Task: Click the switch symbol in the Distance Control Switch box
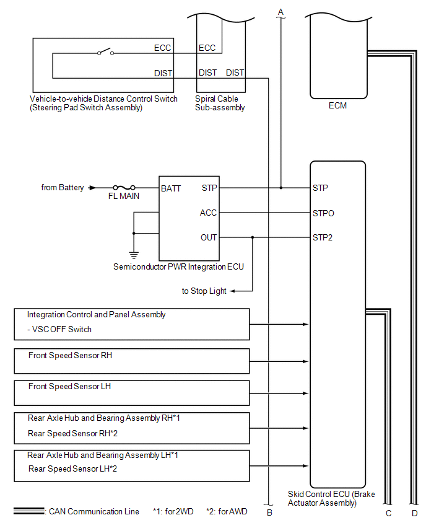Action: (105, 53)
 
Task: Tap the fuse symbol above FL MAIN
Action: (124, 188)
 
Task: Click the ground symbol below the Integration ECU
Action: (134, 253)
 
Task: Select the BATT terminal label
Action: (171, 188)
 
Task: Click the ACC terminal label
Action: (208, 213)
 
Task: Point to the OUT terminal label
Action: (209, 237)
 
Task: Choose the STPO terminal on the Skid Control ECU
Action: (323, 213)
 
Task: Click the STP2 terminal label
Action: (323, 237)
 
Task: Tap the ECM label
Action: (337, 105)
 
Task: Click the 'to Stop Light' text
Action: (204, 291)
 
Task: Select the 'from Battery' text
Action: (63, 188)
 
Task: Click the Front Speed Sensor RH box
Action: (131, 360)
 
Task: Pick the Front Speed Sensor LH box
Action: (131, 392)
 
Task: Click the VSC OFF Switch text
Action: (59, 329)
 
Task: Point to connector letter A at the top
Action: (280, 12)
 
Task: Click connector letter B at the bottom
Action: (269, 513)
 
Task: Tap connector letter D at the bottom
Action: (414, 513)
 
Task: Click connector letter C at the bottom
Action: (388, 513)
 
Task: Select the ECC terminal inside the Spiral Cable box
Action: (207, 48)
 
